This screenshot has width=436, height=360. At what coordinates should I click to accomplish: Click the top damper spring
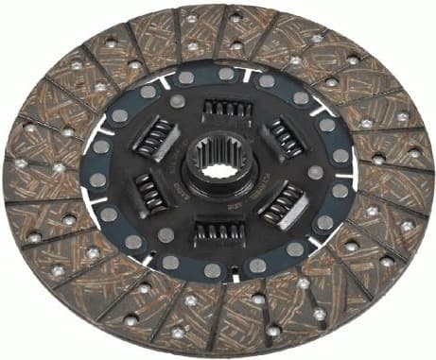tap(224, 111)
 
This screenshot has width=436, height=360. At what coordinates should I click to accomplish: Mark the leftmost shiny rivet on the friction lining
tap(20, 163)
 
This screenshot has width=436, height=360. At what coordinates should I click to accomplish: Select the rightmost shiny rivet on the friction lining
tap(416, 152)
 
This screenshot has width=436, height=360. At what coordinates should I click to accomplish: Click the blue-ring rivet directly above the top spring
tap(226, 74)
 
